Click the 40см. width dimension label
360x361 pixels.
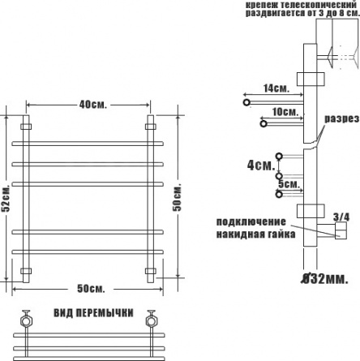click(93, 105)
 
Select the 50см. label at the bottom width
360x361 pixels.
click(91, 289)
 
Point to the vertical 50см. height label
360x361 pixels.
click(178, 197)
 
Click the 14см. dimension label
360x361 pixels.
click(276, 88)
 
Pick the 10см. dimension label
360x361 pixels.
click(285, 112)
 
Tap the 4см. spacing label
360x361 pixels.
click(261, 165)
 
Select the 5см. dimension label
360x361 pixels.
click(289, 184)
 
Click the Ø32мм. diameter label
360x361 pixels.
click(324, 279)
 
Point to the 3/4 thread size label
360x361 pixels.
click(341, 217)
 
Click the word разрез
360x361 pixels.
click(341, 118)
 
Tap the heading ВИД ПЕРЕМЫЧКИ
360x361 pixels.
click(93, 313)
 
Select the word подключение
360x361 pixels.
click(251, 221)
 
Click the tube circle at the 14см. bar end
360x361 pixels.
click(246, 102)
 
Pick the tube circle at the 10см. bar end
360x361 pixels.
click(264, 124)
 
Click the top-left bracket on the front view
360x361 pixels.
click(26, 127)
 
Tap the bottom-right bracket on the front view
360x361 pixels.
click(150, 271)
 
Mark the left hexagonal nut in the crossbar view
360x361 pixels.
click(27, 320)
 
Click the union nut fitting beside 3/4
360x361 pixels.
click(341, 230)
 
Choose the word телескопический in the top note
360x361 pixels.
click(318, 5)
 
